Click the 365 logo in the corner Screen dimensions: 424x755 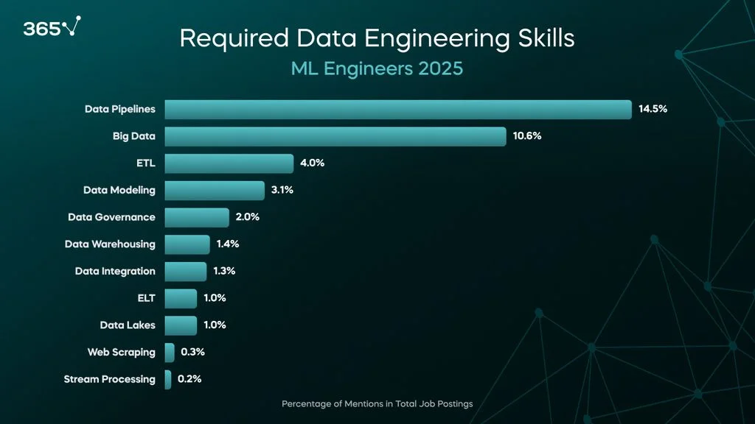pos(52,28)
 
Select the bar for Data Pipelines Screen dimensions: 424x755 pos(398,109)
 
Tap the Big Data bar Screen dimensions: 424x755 pos(335,136)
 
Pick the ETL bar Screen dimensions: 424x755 pos(229,163)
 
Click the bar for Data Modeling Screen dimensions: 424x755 pos(215,190)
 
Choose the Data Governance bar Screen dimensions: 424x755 pos(197,217)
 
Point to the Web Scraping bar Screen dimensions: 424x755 pos(170,352)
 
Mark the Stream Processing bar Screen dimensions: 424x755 pos(168,379)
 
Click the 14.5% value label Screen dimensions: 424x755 pos(653,109)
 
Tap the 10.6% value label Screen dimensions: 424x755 pos(527,136)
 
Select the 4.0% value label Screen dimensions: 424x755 pos(312,163)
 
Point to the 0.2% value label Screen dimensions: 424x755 pos(189,379)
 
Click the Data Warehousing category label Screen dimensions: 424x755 pos(110,244)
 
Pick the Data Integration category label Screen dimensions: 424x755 pos(115,271)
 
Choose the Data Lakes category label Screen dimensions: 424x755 pos(128,325)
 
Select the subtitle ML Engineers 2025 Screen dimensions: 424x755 pos(377,68)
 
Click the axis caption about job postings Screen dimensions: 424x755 pos(377,404)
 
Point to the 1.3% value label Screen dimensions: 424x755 pos(224,271)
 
